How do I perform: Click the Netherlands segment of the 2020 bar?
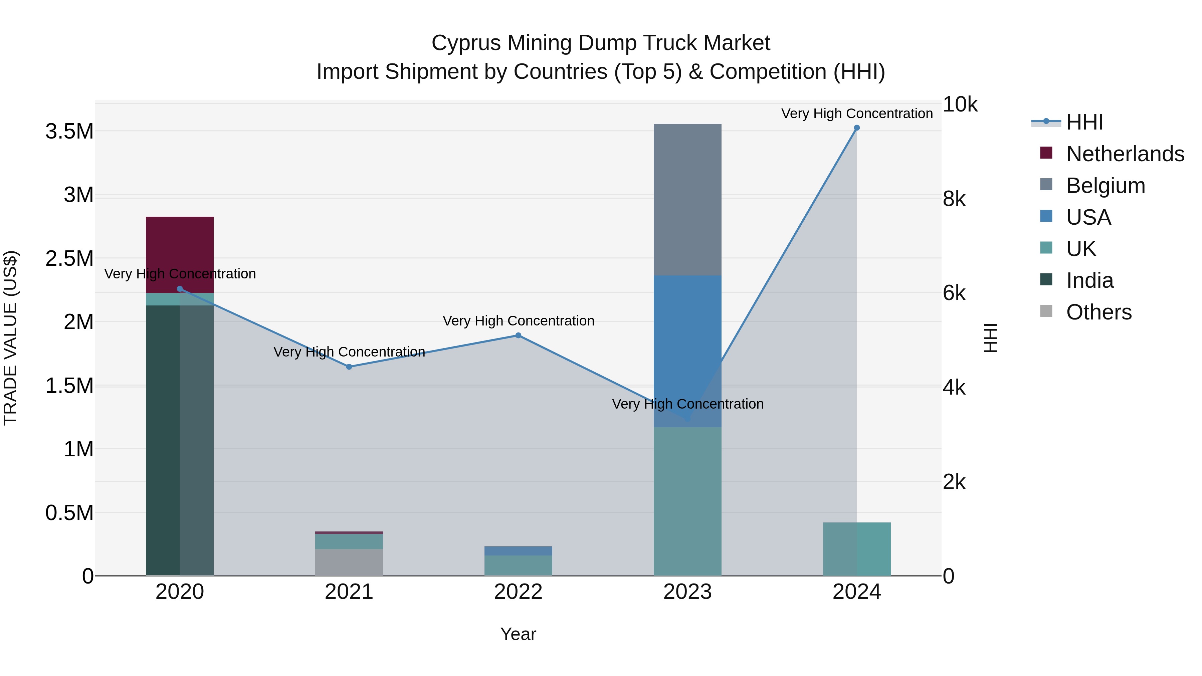tap(180, 254)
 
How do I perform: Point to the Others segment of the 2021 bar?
tap(349, 562)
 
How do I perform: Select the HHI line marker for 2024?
tap(857, 128)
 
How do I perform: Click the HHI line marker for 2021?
tap(349, 367)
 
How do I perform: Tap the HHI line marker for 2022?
tap(518, 335)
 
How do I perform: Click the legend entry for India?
tap(1089, 280)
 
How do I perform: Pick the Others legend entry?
tap(1098, 312)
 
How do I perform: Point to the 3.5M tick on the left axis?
tap(69, 132)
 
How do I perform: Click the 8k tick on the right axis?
tap(954, 199)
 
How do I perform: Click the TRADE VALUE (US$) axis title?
tap(10, 338)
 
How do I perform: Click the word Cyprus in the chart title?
tap(465, 43)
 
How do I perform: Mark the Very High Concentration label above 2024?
tap(857, 114)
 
